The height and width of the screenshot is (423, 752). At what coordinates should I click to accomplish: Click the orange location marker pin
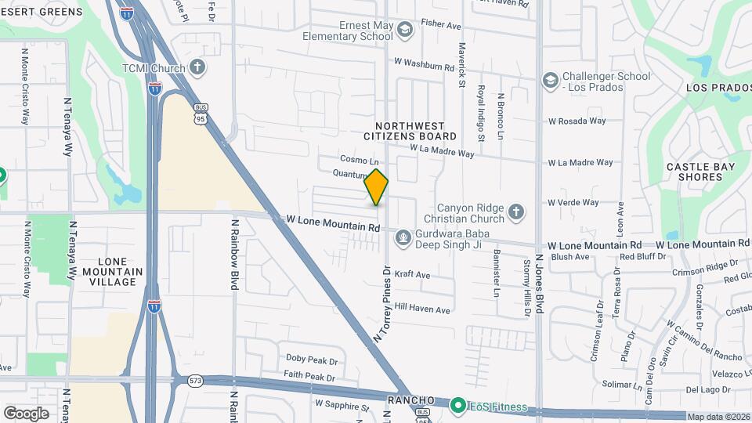coord(377,187)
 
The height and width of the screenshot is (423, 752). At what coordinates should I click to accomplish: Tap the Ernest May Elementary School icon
coord(405,31)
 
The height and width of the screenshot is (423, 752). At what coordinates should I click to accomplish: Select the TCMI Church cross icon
coord(198,67)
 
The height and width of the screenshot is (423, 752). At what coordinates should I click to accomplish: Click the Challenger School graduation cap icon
coord(551,81)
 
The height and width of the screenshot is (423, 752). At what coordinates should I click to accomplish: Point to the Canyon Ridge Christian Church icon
coord(515,211)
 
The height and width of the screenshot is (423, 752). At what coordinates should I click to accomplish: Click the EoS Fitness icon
coord(457,407)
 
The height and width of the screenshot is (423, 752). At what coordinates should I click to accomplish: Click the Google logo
coord(26,413)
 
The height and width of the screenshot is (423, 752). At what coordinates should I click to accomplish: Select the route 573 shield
coord(195,381)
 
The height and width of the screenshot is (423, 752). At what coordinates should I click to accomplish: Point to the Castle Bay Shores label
coord(695,172)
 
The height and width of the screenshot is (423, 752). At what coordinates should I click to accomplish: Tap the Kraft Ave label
coord(412,275)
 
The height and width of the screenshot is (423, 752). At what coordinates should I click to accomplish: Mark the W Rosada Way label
coord(577,121)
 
